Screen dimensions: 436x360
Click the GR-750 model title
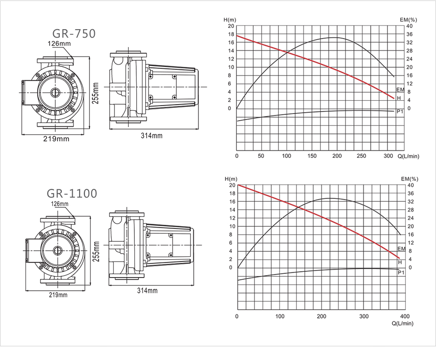tap(74, 33)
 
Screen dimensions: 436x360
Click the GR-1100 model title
tap(72, 194)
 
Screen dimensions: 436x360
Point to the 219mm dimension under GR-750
tap(56, 139)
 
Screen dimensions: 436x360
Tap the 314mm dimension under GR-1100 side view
tap(147, 291)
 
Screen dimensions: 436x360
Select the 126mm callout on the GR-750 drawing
tap(59, 43)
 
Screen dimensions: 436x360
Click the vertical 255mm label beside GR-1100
tap(96, 252)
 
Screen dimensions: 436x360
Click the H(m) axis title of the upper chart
tap(230, 20)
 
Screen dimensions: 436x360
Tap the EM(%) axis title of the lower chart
tap(410, 179)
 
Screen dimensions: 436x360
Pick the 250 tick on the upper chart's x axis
tap(361, 156)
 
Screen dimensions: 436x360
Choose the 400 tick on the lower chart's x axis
tap(405, 316)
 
